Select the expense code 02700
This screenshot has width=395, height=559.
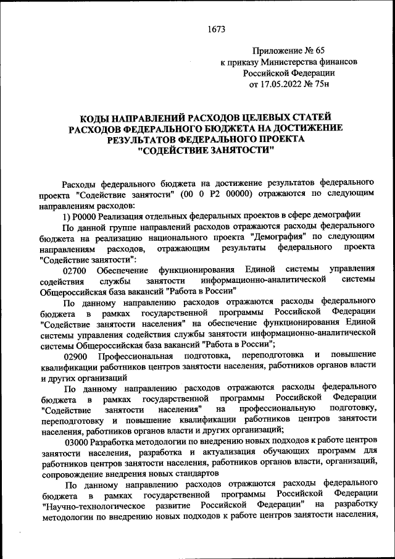point(75,270)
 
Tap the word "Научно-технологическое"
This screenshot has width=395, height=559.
point(87,504)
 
